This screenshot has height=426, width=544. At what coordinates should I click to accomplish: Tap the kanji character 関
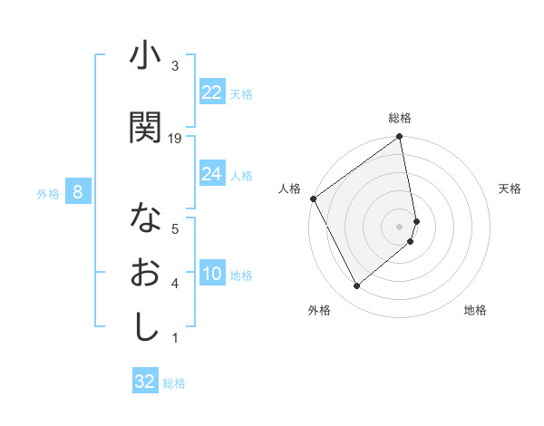pos(145,127)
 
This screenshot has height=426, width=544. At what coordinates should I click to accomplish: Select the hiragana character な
pos(145,219)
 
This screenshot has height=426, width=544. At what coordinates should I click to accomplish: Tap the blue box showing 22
pos(212,92)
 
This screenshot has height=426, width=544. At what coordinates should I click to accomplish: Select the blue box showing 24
pos(212,174)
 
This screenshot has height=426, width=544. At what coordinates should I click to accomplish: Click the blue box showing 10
pos(212,275)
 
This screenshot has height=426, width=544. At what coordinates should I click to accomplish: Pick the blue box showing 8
pos(78,192)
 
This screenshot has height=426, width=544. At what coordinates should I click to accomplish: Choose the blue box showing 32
pos(145,382)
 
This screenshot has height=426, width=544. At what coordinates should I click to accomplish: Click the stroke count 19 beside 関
pos(175,138)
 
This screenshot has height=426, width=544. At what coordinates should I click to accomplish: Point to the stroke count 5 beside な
pos(175,228)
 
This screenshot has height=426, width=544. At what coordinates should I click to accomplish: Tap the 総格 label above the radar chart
pos(400,118)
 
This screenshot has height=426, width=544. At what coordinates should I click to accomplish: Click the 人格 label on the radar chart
pos(290,189)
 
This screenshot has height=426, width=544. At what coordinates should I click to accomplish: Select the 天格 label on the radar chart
pos(510,189)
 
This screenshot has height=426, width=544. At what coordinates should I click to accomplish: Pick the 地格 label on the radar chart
pos(475,310)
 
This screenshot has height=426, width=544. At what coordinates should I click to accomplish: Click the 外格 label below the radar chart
pos(318,310)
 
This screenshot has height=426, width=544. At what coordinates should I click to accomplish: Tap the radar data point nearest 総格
pos(400,138)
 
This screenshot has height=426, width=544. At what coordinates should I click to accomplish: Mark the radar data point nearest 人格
pos(314,198)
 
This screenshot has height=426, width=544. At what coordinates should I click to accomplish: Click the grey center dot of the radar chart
pos(400,226)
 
